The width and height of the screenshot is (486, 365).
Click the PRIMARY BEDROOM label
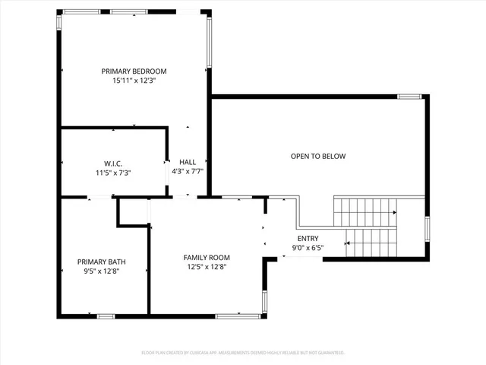coord(134,71)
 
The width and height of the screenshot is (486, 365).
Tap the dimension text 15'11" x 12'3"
coord(134,81)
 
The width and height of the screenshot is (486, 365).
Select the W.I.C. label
coord(114,163)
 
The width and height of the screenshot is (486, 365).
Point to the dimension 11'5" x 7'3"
coord(114,173)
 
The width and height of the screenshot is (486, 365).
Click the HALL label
coord(188,162)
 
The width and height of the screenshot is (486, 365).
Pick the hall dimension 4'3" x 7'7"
coord(188,172)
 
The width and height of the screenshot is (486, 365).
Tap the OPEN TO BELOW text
coord(317,157)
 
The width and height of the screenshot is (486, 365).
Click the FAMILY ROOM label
coord(207,257)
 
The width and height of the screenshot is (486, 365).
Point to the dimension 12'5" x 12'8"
coord(207,267)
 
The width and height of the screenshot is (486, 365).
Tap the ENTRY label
coord(308,238)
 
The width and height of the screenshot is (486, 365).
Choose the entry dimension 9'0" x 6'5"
coord(308,248)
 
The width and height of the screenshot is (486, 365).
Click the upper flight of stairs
coord(364,211)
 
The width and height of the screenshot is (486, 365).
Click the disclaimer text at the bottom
coord(243,353)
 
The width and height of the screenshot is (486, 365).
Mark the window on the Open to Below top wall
coord(409,97)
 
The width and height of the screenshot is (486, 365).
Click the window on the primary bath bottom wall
coord(106,316)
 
